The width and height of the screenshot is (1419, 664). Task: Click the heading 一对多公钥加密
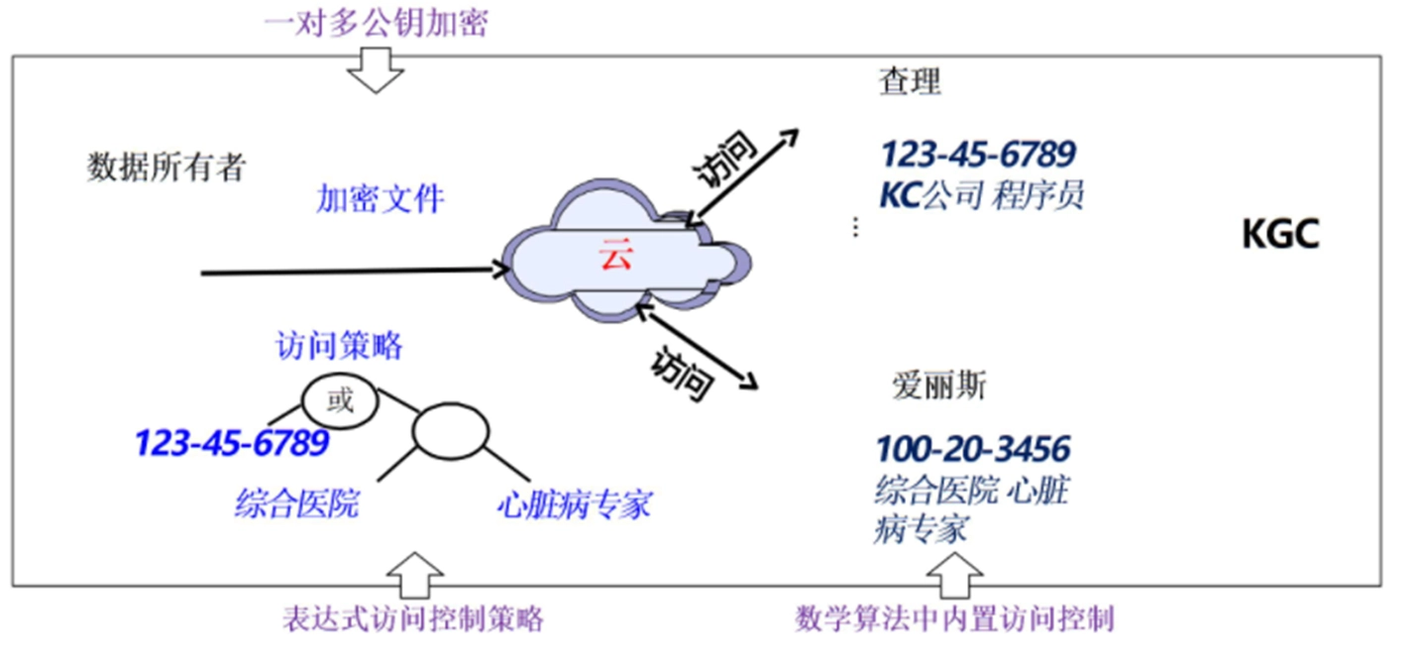coord(377,23)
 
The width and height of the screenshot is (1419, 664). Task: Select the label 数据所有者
coord(166,167)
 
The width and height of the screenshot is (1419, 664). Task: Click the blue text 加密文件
coord(381,199)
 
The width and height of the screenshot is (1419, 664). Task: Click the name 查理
coord(910,83)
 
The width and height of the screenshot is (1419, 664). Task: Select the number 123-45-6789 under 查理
coord(978,155)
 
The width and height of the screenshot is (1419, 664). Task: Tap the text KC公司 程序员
coord(982,195)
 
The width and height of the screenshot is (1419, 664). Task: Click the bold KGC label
coord(1280,236)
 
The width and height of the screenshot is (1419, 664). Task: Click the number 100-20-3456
coord(972,449)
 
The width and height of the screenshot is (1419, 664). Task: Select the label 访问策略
coord(339,346)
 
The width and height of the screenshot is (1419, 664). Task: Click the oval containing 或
coord(340,401)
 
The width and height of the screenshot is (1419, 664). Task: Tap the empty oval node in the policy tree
coord(451,430)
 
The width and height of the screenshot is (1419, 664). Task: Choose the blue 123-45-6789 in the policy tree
coord(231,443)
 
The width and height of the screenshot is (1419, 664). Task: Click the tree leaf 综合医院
coord(296,505)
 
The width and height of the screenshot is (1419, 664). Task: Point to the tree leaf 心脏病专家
coord(575,505)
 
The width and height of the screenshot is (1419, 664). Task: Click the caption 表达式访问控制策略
coord(413,620)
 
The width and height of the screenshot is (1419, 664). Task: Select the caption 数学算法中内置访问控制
coord(955,620)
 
